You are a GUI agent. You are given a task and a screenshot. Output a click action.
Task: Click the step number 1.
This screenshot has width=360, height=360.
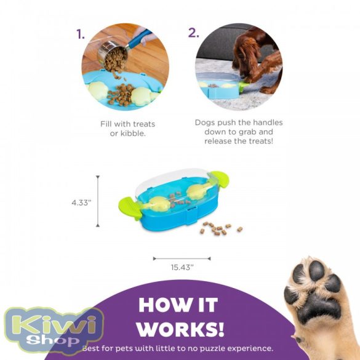tap(81, 34)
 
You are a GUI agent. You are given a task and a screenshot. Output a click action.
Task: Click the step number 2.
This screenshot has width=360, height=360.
tap(194, 32)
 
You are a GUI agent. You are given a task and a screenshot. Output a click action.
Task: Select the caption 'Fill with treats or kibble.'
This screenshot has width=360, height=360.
tap(128, 128)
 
